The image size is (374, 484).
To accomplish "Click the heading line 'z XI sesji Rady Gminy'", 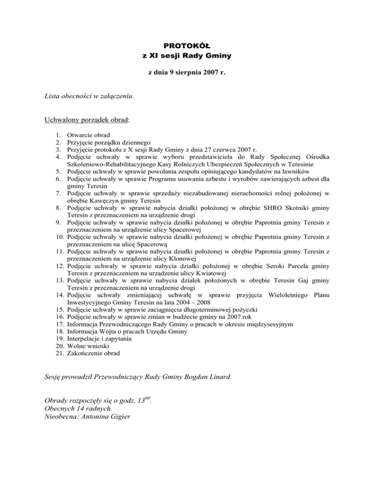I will [187, 56].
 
